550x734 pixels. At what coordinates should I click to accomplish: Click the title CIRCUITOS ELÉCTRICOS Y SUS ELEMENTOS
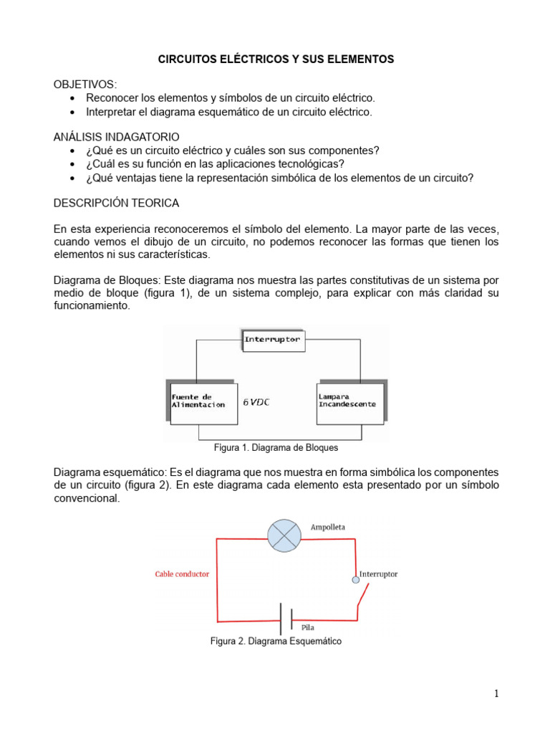(276, 59)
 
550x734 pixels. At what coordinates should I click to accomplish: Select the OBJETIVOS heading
(85, 85)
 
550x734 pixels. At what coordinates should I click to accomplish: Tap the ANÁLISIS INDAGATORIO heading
(117, 136)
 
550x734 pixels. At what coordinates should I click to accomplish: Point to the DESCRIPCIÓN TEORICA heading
(117, 203)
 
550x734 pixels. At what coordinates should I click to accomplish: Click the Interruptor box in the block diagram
(273, 338)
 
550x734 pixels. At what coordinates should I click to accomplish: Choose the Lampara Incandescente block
(348, 401)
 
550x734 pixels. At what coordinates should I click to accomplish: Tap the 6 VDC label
(257, 402)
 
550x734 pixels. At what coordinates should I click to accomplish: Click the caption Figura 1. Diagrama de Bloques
(276, 447)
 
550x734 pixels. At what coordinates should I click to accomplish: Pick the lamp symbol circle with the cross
(284, 535)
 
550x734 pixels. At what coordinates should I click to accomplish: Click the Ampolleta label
(328, 527)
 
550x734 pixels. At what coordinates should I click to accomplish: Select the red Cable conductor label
(182, 574)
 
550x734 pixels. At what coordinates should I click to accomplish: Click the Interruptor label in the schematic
(378, 574)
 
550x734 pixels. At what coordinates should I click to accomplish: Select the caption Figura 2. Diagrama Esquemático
(276, 642)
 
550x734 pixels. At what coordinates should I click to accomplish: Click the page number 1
(496, 693)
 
